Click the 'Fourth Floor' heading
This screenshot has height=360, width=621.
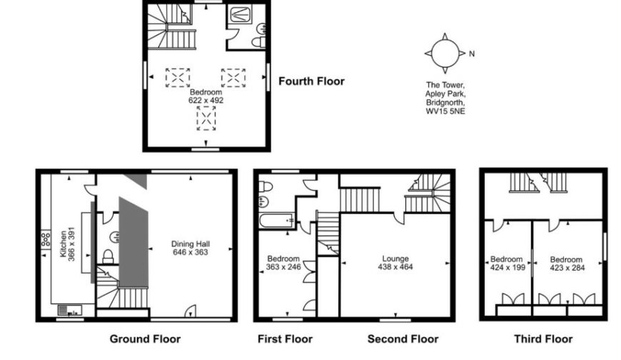point(311,81)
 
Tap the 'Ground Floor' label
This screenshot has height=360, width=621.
point(145,339)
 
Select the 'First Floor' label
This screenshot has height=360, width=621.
point(284,339)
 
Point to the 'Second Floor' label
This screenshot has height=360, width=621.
point(403,339)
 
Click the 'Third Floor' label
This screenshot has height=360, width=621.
point(543,339)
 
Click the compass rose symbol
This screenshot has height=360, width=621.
point(444,54)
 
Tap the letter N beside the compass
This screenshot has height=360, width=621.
point(472,54)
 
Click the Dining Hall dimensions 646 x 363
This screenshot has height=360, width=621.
point(189,252)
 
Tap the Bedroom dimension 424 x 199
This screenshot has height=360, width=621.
point(507,269)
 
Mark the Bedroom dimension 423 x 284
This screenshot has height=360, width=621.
point(566,269)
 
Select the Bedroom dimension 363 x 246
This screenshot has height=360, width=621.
point(283,267)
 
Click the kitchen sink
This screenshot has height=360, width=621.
point(70,309)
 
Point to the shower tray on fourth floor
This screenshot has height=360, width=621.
point(239,15)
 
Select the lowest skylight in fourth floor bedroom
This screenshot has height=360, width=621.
point(206,119)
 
